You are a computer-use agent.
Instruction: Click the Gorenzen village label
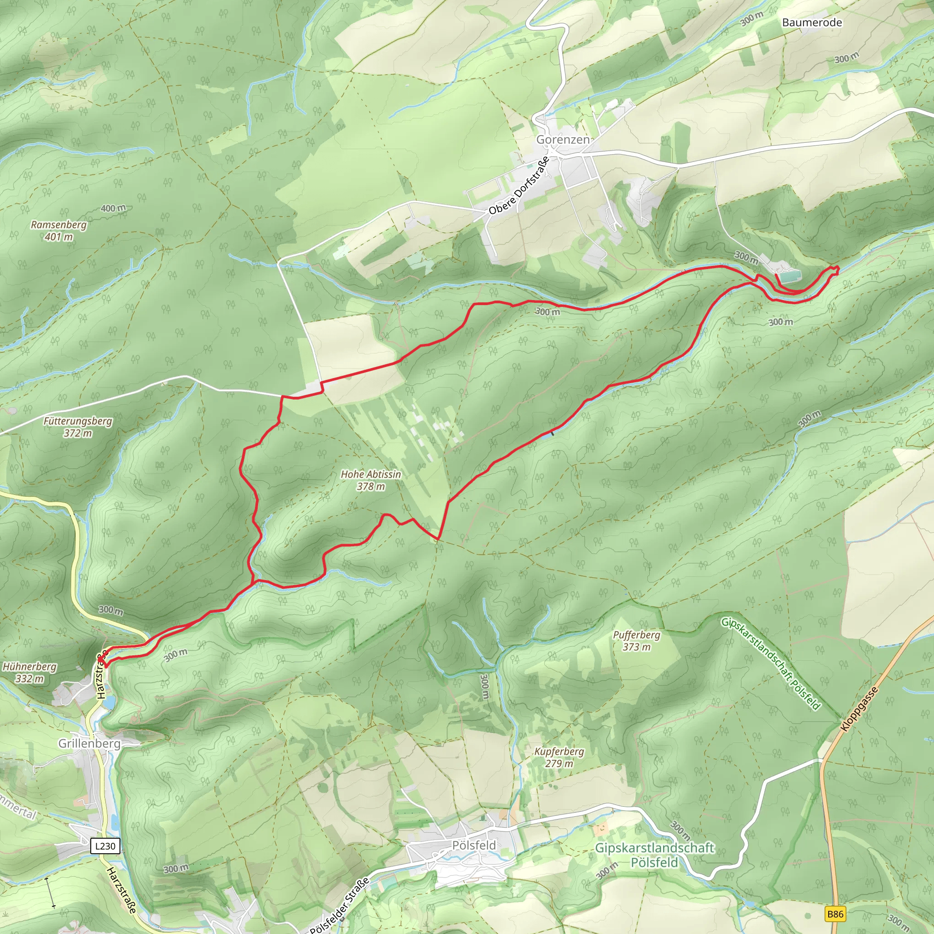pos(563,140)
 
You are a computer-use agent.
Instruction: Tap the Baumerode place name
pos(812,22)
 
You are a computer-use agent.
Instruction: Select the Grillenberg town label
pos(89,743)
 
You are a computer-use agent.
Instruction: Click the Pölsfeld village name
pos(474,845)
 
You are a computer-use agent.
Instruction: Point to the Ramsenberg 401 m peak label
pos(58,231)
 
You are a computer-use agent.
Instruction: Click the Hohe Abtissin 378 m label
pos(371,480)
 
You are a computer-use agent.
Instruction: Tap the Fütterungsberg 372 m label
pos(78,427)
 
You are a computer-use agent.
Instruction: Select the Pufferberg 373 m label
pos(636,641)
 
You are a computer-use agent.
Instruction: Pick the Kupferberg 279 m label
pos(559,757)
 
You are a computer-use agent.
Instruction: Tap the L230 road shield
pos(105,846)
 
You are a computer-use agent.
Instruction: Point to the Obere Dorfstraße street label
pos(519,186)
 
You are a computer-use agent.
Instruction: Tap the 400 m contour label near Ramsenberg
pos(113,208)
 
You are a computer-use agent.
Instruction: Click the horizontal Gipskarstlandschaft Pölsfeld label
pos(654,855)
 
